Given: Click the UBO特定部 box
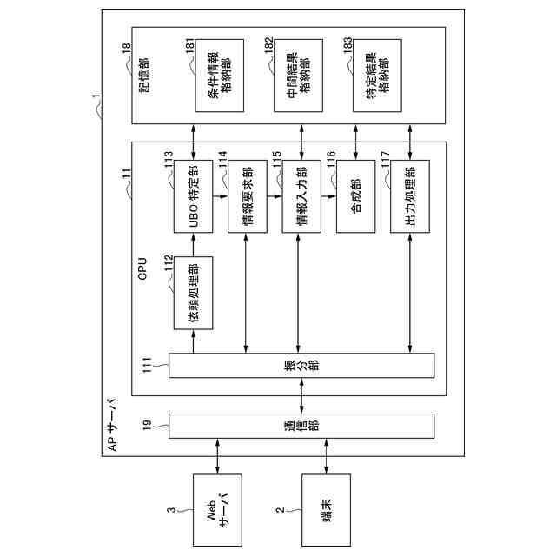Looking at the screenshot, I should pos(193,197).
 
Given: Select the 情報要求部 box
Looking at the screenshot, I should pos(248,197).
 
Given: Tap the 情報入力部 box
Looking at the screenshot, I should pos(301,197).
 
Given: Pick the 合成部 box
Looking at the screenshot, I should pos(356,197).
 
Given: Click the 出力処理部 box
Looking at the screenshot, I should pos(410,197).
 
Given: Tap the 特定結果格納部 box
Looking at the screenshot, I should pos(377,75).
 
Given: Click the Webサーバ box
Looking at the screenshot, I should pos(216,510).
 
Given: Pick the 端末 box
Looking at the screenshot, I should pos(326,510).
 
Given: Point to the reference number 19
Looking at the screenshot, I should pos(147,425).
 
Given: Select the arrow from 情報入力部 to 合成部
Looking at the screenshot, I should pos(328,197).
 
